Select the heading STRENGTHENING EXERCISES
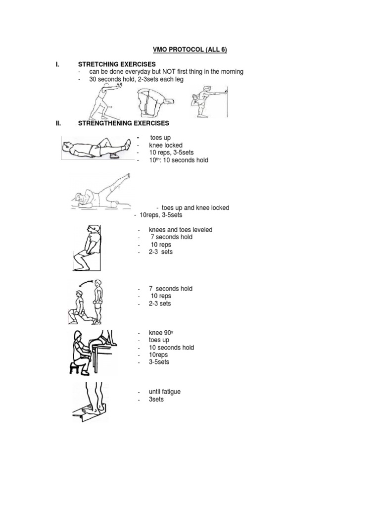(124, 123)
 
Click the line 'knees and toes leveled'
(181, 230)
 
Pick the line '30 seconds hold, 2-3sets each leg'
(136, 79)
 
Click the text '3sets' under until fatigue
(156, 399)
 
